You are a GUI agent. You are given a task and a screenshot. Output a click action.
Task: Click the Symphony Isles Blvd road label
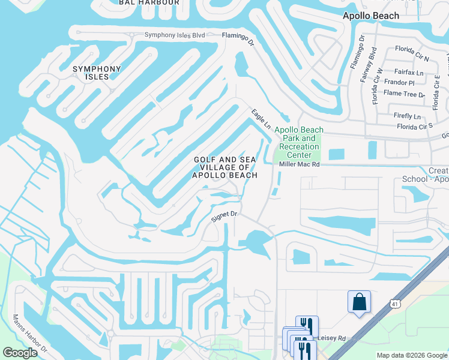175,35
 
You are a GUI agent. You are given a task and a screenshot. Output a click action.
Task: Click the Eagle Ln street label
261,117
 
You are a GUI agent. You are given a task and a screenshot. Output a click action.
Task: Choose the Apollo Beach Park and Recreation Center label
299,143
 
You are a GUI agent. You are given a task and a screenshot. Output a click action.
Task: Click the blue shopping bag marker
359,301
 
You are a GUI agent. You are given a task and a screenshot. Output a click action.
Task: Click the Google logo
20,353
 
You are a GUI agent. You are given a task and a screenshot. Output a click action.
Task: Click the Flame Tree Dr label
405,94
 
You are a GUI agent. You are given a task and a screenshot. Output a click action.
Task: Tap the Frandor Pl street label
400,83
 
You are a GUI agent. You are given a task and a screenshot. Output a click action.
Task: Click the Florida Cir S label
414,127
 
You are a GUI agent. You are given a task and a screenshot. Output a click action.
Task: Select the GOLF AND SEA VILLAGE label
225,167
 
